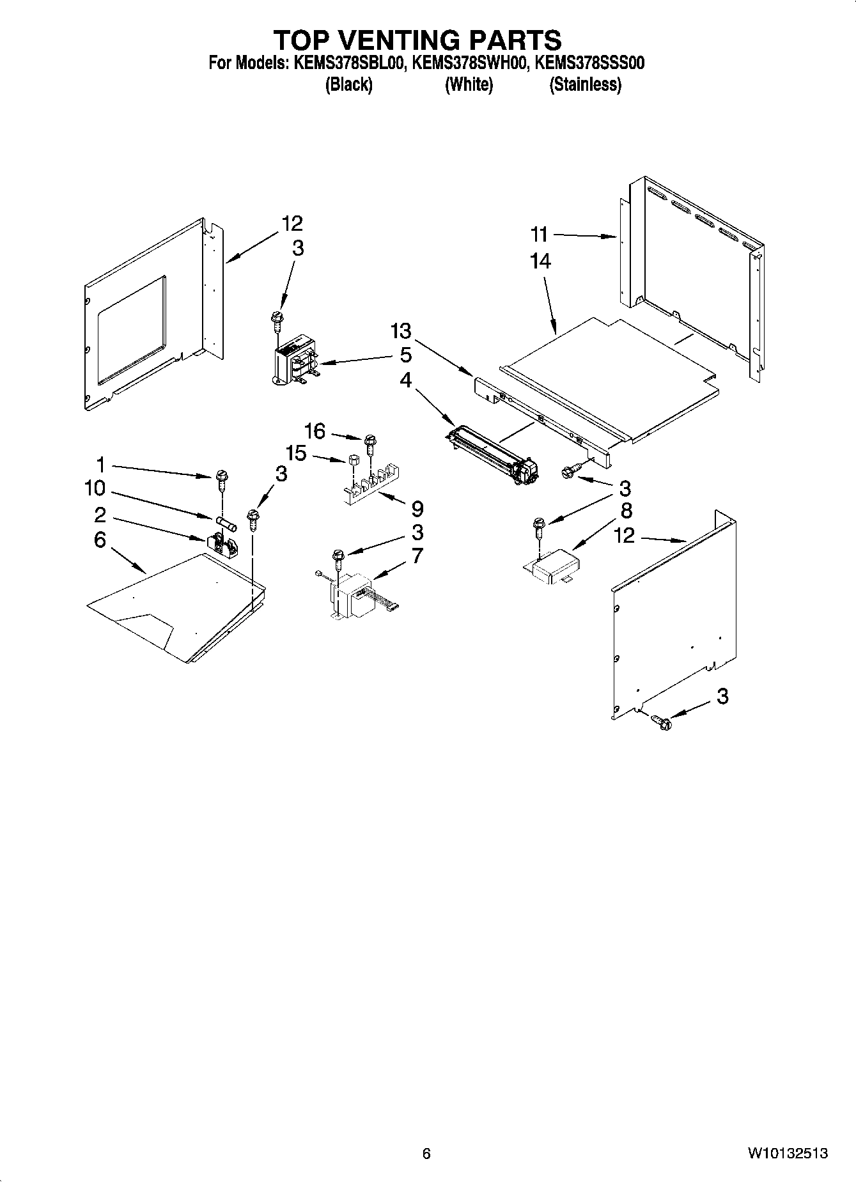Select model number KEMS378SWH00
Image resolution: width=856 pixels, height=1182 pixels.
coord(469,63)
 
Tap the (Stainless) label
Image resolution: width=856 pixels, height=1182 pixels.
coord(585,84)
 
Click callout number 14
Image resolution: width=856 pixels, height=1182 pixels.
coord(540,261)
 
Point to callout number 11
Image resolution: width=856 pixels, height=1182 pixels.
coord(539,235)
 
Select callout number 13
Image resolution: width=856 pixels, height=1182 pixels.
coord(401,331)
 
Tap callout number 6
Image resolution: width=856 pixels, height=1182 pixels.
coord(100,540)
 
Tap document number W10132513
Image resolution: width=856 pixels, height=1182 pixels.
coord(788,1154)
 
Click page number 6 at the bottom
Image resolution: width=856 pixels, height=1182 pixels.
coord(426,1154)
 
